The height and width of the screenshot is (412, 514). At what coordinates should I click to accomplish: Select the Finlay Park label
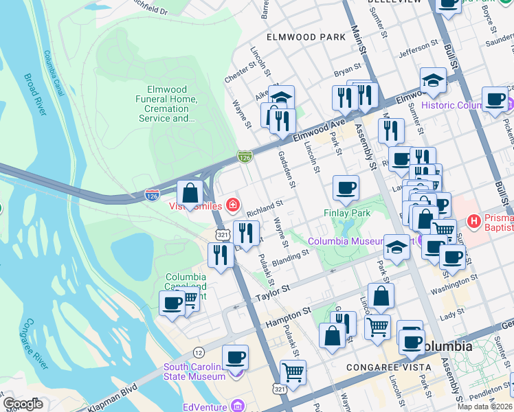pyautogui.click(x=347, y=214)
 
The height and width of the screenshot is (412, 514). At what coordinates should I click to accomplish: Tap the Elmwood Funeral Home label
pyautogui.click(x=172, y=104)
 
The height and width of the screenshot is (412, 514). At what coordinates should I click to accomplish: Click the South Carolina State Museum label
pyautogui.click(x=194, y=371)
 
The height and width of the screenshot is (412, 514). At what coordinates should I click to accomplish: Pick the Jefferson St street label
pyautogui.click(x=418, y=49)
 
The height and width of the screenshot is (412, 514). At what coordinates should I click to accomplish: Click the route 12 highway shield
pyautogui.click(x=199, y=352)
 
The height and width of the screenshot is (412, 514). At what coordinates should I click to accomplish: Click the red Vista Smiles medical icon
pyautogui.click(x=233, y=205)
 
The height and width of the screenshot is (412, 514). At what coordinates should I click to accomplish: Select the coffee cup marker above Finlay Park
pyautogui.click(x=346, y=187)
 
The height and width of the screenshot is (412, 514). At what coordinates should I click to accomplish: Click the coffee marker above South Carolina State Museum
pyautogui.click(x=235, y=357)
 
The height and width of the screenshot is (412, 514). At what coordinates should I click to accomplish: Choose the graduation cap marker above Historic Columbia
pyautogui.click(x=433, y=80)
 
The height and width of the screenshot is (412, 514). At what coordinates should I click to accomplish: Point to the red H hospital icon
pyautogui.click(x=473, y=222)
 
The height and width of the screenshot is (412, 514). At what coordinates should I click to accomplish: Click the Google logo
pyautogui.click(x=23, y=404)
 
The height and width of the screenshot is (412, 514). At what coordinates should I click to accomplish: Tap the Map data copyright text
pyautogui.click(x=484, y=407)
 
